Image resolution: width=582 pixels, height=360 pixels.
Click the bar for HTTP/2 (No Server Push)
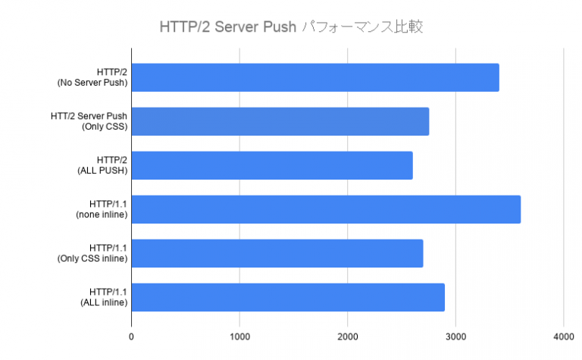pyautogui.click(x=315, y=77)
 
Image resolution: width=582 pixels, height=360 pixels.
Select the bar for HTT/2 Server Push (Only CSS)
pyautogui.click(x=280, y=121)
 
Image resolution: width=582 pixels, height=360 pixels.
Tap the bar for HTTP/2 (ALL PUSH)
pyautogui.click(x=272, y=165)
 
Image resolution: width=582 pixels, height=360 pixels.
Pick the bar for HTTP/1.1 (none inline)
pyautogui.click(x=326, y=209)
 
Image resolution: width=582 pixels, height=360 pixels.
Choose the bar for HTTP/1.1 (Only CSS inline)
pyautogui.click(x=277, y=253)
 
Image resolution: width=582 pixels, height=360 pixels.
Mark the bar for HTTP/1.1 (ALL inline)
pyautogui.click(x=288, y=297)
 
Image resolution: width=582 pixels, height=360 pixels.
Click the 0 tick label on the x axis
pyautogui.click(x=132, y=337)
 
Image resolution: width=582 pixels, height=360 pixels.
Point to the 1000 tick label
pyautogui.click(x=239, y=337)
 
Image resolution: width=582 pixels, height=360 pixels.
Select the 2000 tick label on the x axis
pyautogui.click(x=348, y=337)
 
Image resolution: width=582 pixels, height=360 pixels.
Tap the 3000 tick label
pyautogui.click(x=455, y=337)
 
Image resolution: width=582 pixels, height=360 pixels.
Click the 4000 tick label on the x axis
pyautogui.click(x=564, y=337)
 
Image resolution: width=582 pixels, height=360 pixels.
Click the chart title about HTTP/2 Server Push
pyautogui.click(x=290, y=27)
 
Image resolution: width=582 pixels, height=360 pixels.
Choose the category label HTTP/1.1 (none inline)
pyautogui.click(x=101, y=209)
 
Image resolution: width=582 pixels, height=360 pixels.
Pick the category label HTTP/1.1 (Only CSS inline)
pyautogui.click(x=92, y=253)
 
